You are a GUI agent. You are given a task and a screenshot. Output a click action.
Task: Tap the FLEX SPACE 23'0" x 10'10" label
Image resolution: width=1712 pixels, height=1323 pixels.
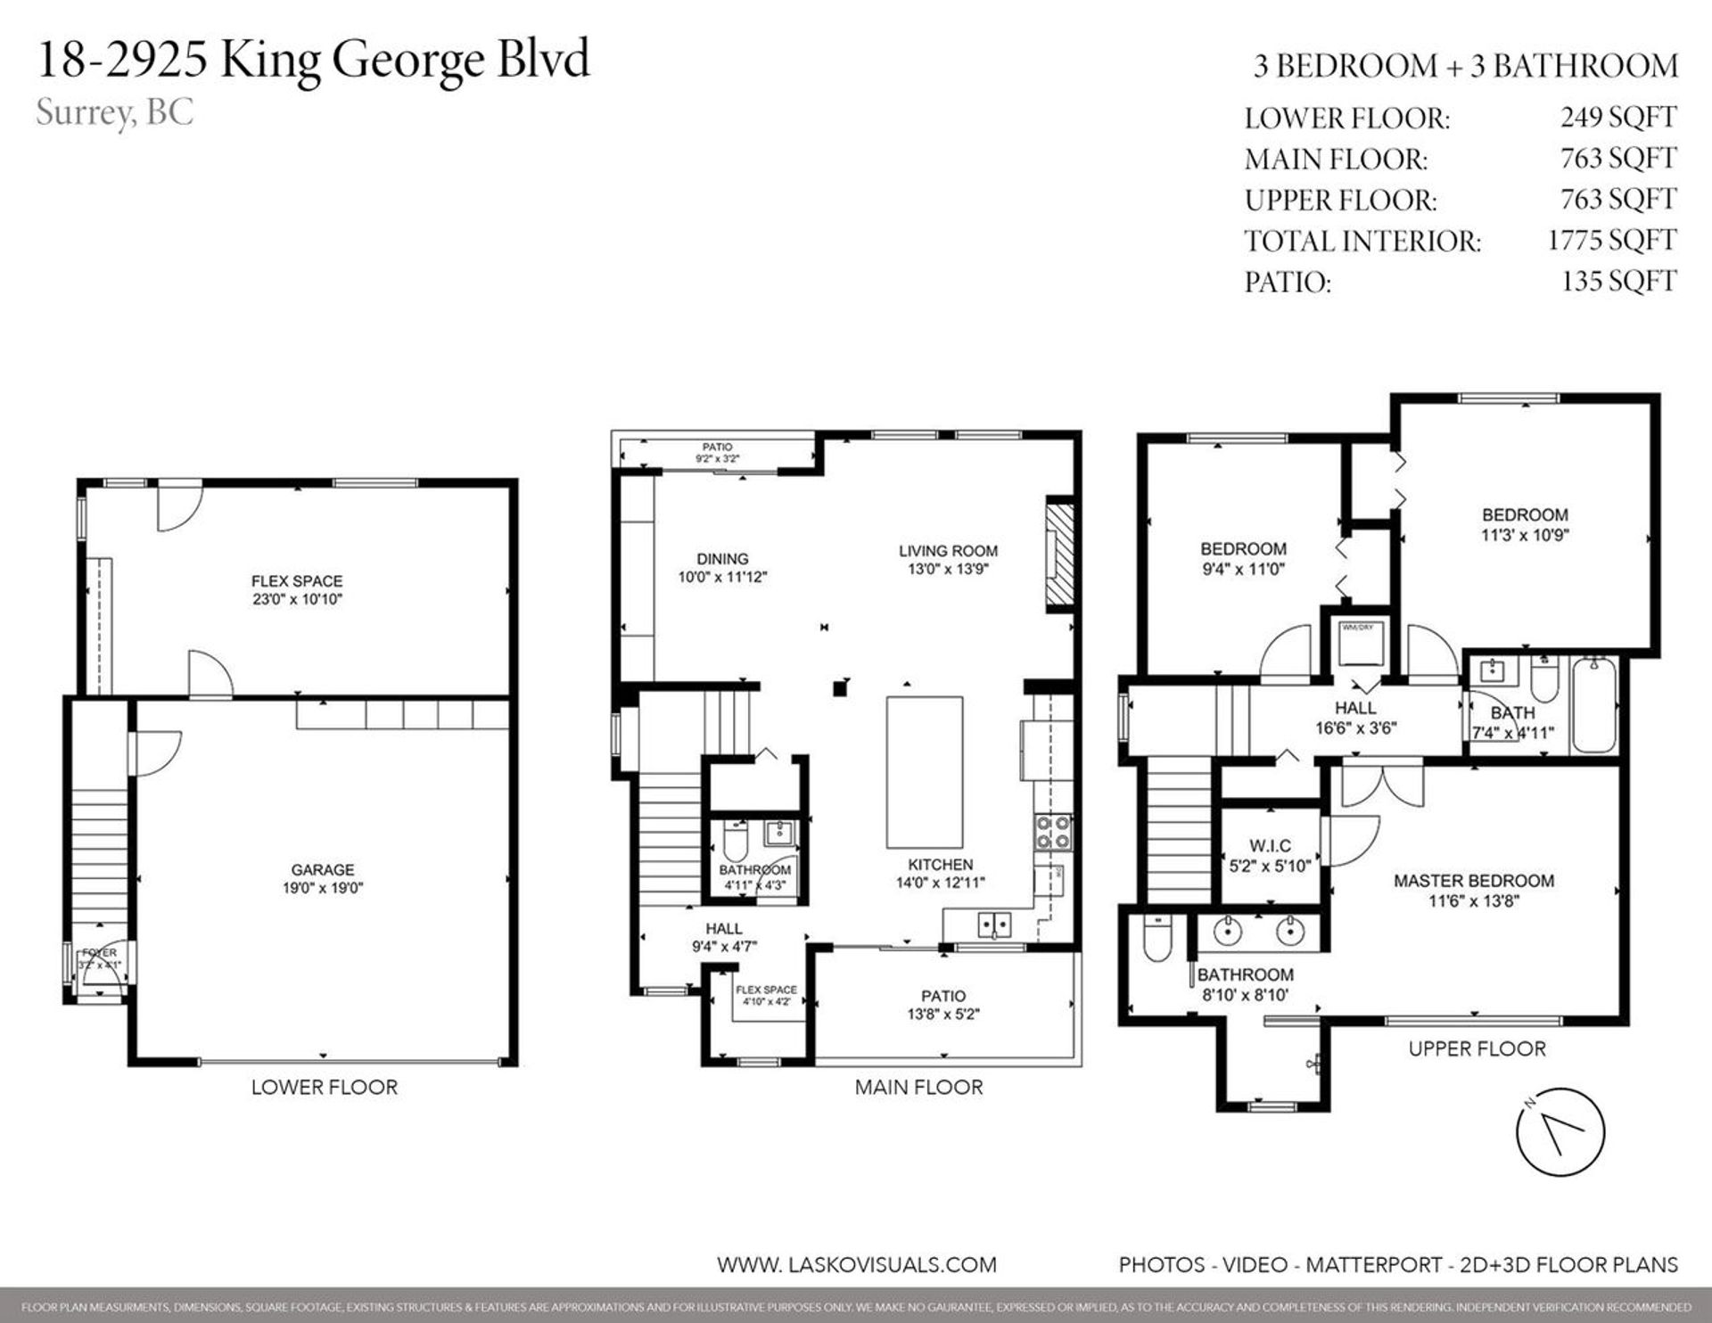pos(297,590)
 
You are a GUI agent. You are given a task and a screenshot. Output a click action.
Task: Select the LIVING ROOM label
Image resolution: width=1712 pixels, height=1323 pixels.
pos(948,551)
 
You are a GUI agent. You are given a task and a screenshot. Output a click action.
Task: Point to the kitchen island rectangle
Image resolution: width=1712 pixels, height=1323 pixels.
pos(924,772)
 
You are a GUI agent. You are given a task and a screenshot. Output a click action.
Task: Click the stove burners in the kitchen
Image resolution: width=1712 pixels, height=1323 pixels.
pos(1052,832)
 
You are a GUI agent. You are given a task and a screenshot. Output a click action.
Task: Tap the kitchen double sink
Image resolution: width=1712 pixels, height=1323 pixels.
pos(994,924)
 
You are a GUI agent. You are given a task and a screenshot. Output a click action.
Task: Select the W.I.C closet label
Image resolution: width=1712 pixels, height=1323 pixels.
pos(1270,845)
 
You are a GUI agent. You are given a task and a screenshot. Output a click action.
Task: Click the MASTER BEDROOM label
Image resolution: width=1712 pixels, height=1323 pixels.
pos(1474,881)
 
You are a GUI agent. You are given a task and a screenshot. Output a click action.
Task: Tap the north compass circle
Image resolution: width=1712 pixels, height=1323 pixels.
pos(1560,1132)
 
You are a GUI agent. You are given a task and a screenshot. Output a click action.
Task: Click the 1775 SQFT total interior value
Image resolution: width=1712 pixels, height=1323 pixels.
pos(1611,240)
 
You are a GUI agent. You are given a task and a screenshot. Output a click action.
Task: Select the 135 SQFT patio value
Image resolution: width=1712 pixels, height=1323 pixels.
pos(1618,281)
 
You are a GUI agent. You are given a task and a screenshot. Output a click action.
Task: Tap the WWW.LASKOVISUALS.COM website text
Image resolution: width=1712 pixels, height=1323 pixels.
pos(856,1264)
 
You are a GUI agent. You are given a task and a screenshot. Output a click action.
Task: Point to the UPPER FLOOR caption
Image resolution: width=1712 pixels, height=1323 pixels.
pos(1477,1048)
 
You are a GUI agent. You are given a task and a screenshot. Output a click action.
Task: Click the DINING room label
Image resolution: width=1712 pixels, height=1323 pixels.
pos(722,559)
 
